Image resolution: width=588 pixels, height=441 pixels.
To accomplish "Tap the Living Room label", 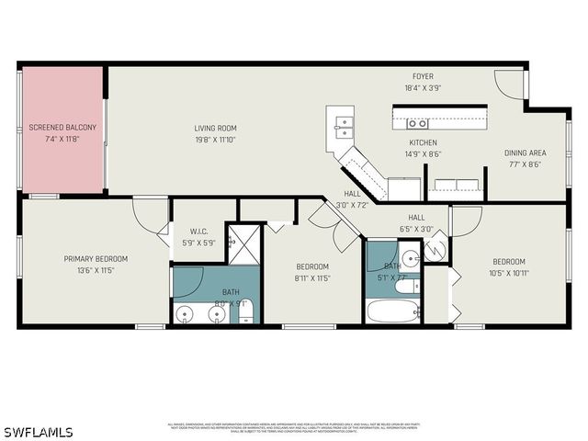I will tap(215, 128).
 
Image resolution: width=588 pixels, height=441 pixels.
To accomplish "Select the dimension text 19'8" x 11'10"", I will tap(215, 140).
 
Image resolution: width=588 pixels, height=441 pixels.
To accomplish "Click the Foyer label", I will tap(423, 76).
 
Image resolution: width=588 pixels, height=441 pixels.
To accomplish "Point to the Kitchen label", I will tap(423, 142).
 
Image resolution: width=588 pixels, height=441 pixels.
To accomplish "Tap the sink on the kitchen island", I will tap(417, 122).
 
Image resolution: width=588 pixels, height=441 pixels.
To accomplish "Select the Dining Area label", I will tap(525, 153).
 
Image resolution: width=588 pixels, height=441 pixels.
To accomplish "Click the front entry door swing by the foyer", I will tap(508, 85).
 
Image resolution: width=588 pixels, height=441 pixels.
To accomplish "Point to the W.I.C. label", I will tap(199, 232).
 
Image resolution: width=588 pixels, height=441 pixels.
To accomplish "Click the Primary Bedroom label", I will tap(96, 259).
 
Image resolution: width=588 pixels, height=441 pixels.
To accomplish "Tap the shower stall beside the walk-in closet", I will tap(244, 244).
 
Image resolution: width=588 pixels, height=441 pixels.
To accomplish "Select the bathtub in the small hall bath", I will tap(393, 310).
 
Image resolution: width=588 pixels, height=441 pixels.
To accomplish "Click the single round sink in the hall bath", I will tap(410, 258).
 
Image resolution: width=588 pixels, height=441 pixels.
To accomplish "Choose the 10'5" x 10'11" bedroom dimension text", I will tap(508, 272).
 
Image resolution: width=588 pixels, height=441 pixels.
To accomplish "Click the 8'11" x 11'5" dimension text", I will tap(311, 277).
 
